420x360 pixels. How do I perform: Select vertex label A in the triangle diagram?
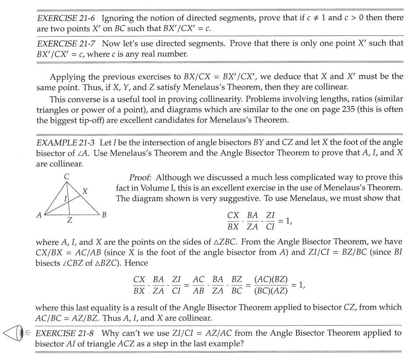coord(39,215)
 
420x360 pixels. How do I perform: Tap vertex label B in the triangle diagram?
coord(104,215)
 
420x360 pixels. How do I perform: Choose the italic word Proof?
coord(140,178)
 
